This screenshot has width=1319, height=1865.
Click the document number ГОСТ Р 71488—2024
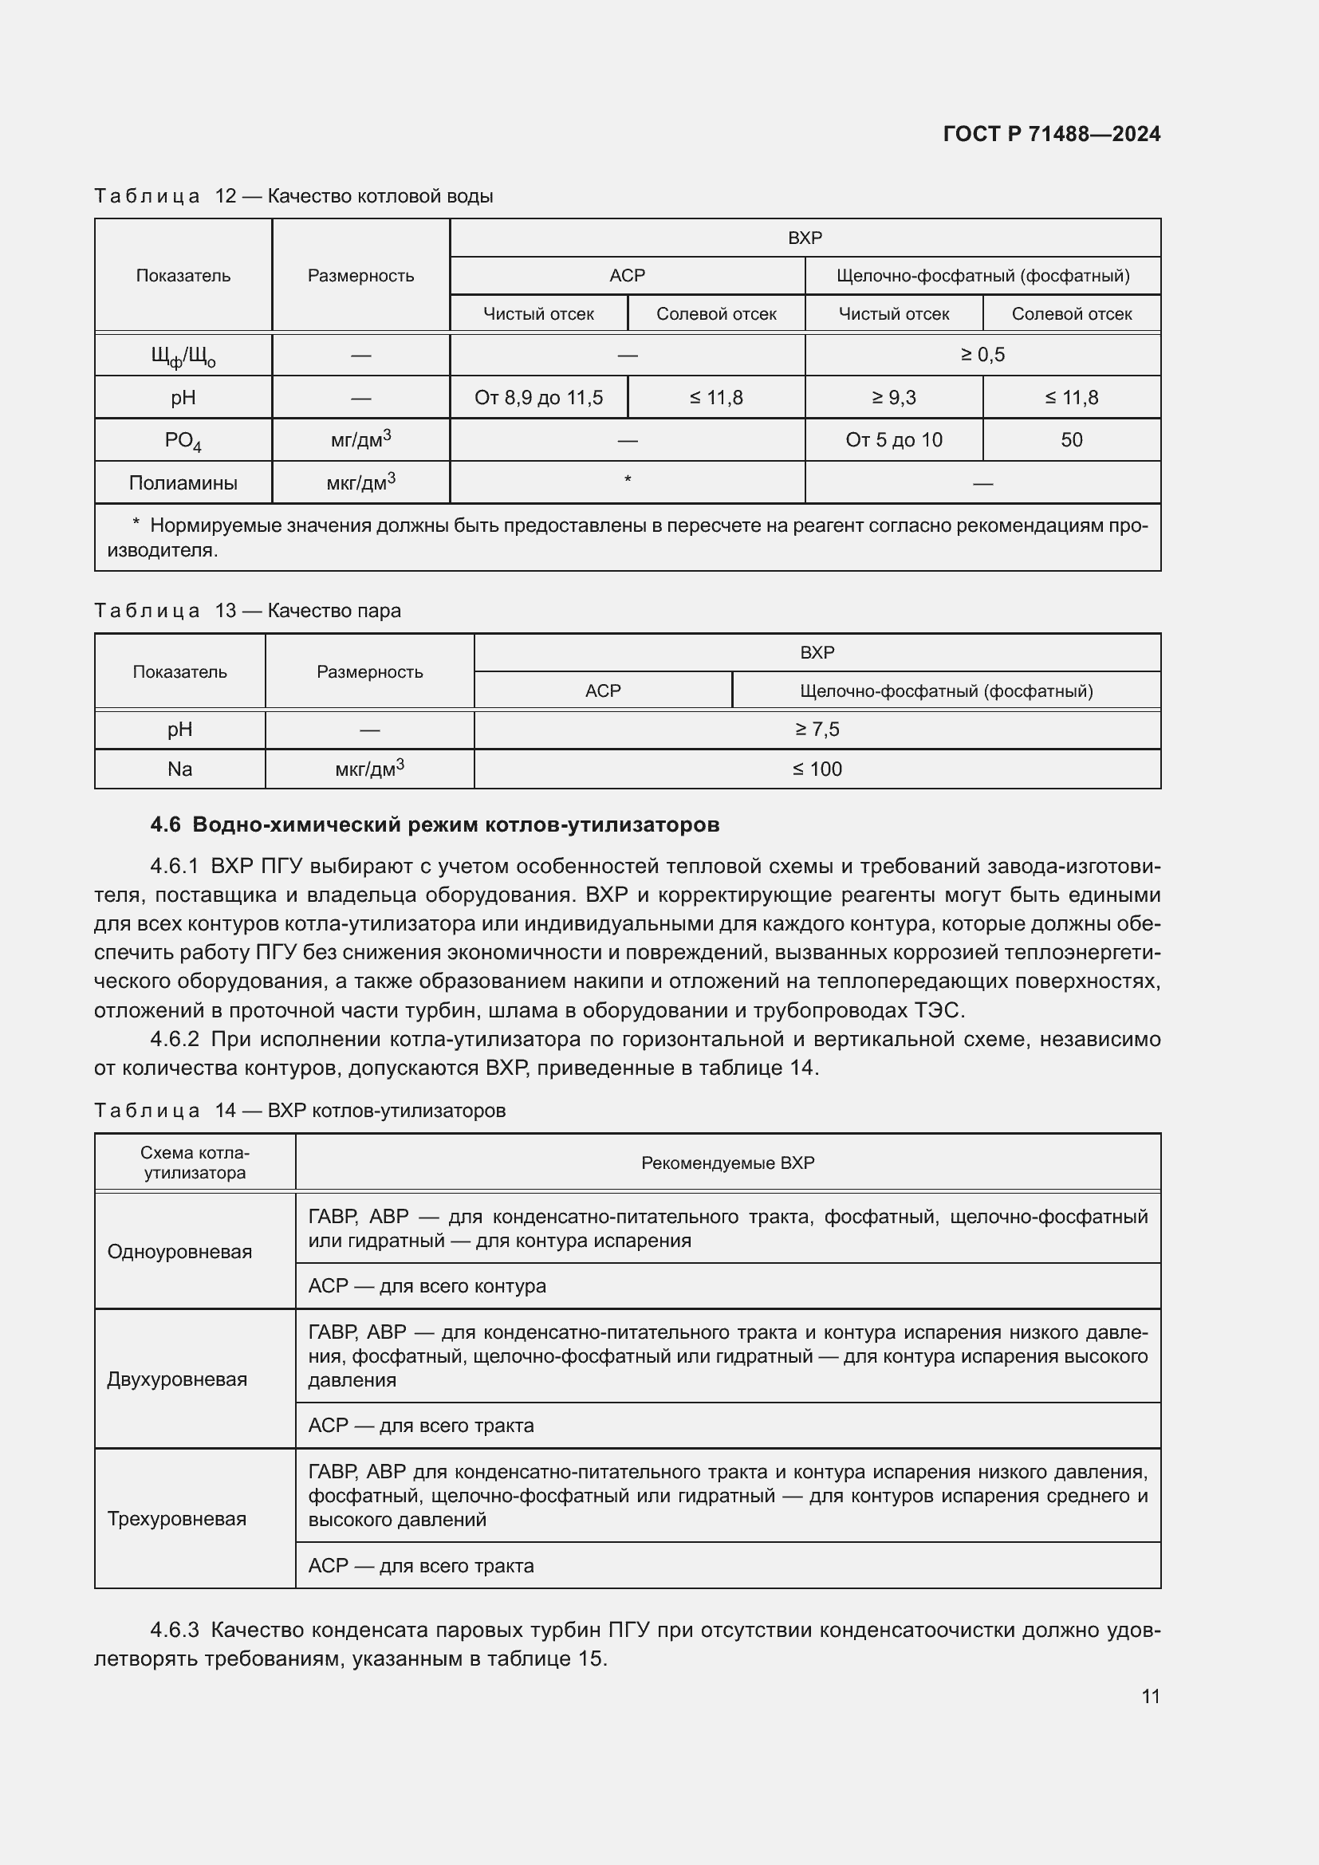coord(1051,134)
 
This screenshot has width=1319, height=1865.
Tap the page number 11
coord(1150,1696)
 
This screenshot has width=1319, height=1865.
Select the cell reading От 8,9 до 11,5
coord(538,397)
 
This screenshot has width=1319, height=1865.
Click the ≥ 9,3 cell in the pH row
coord(893,397)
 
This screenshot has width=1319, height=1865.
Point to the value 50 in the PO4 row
coord(1070,440)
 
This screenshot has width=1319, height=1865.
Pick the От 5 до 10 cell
coord(893,440)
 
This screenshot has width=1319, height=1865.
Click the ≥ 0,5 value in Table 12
coord(982,355)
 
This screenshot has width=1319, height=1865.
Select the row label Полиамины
coord(183,483)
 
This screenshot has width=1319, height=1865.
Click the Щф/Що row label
coord(183,356)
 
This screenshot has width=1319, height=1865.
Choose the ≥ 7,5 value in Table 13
coord(817,730)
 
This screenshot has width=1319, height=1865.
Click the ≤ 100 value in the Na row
coord(817,769)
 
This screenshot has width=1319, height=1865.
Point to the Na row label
coord(179,769)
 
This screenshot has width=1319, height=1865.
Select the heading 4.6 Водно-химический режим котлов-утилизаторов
coord(435,824)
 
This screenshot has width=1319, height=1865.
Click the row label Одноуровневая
coord(179,1252)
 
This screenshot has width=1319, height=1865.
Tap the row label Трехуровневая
coord(177,1519)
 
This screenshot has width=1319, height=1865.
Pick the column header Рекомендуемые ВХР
coord(727,1163)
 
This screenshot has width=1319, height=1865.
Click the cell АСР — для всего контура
coord(427,1286)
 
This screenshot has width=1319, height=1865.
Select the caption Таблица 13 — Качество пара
coord(247,611)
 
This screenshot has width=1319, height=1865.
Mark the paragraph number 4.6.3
coord(175,1631)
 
